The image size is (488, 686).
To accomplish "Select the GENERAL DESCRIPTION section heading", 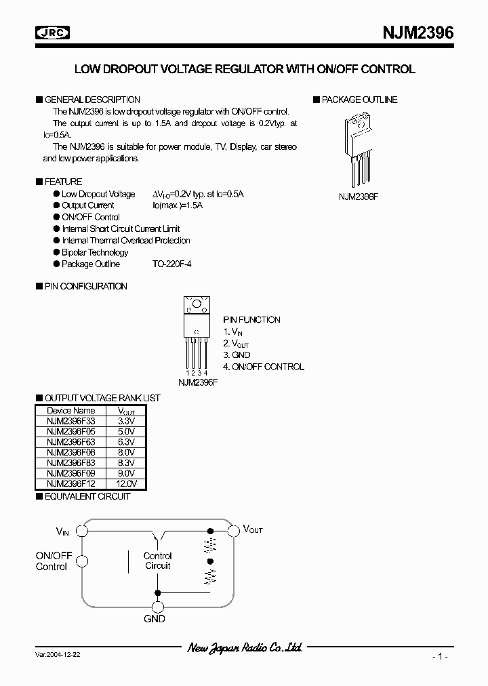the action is [x=92, y=100].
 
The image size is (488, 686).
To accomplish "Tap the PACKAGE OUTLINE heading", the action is [x=359, y=100].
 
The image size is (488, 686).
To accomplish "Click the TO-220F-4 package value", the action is [x=172, y=264].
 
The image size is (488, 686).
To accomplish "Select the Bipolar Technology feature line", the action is [x=95, y=252].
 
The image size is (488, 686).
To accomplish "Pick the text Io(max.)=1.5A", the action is [x=178, y=205].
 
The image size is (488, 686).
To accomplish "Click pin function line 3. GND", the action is [x=237, y=355].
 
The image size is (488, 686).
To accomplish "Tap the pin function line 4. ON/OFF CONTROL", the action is [x=264, y=367].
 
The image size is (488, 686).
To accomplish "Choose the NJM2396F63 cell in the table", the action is [x=71, y=441].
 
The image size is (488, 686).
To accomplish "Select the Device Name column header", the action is [x=71, y=410].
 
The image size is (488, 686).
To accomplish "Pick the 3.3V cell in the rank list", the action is [x=126, y=420].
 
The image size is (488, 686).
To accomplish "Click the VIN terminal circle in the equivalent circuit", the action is [x=83, y=531].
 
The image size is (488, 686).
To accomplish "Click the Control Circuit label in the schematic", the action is [x=157, y=561].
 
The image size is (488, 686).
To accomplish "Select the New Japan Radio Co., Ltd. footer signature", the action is [x=245, y=648].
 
